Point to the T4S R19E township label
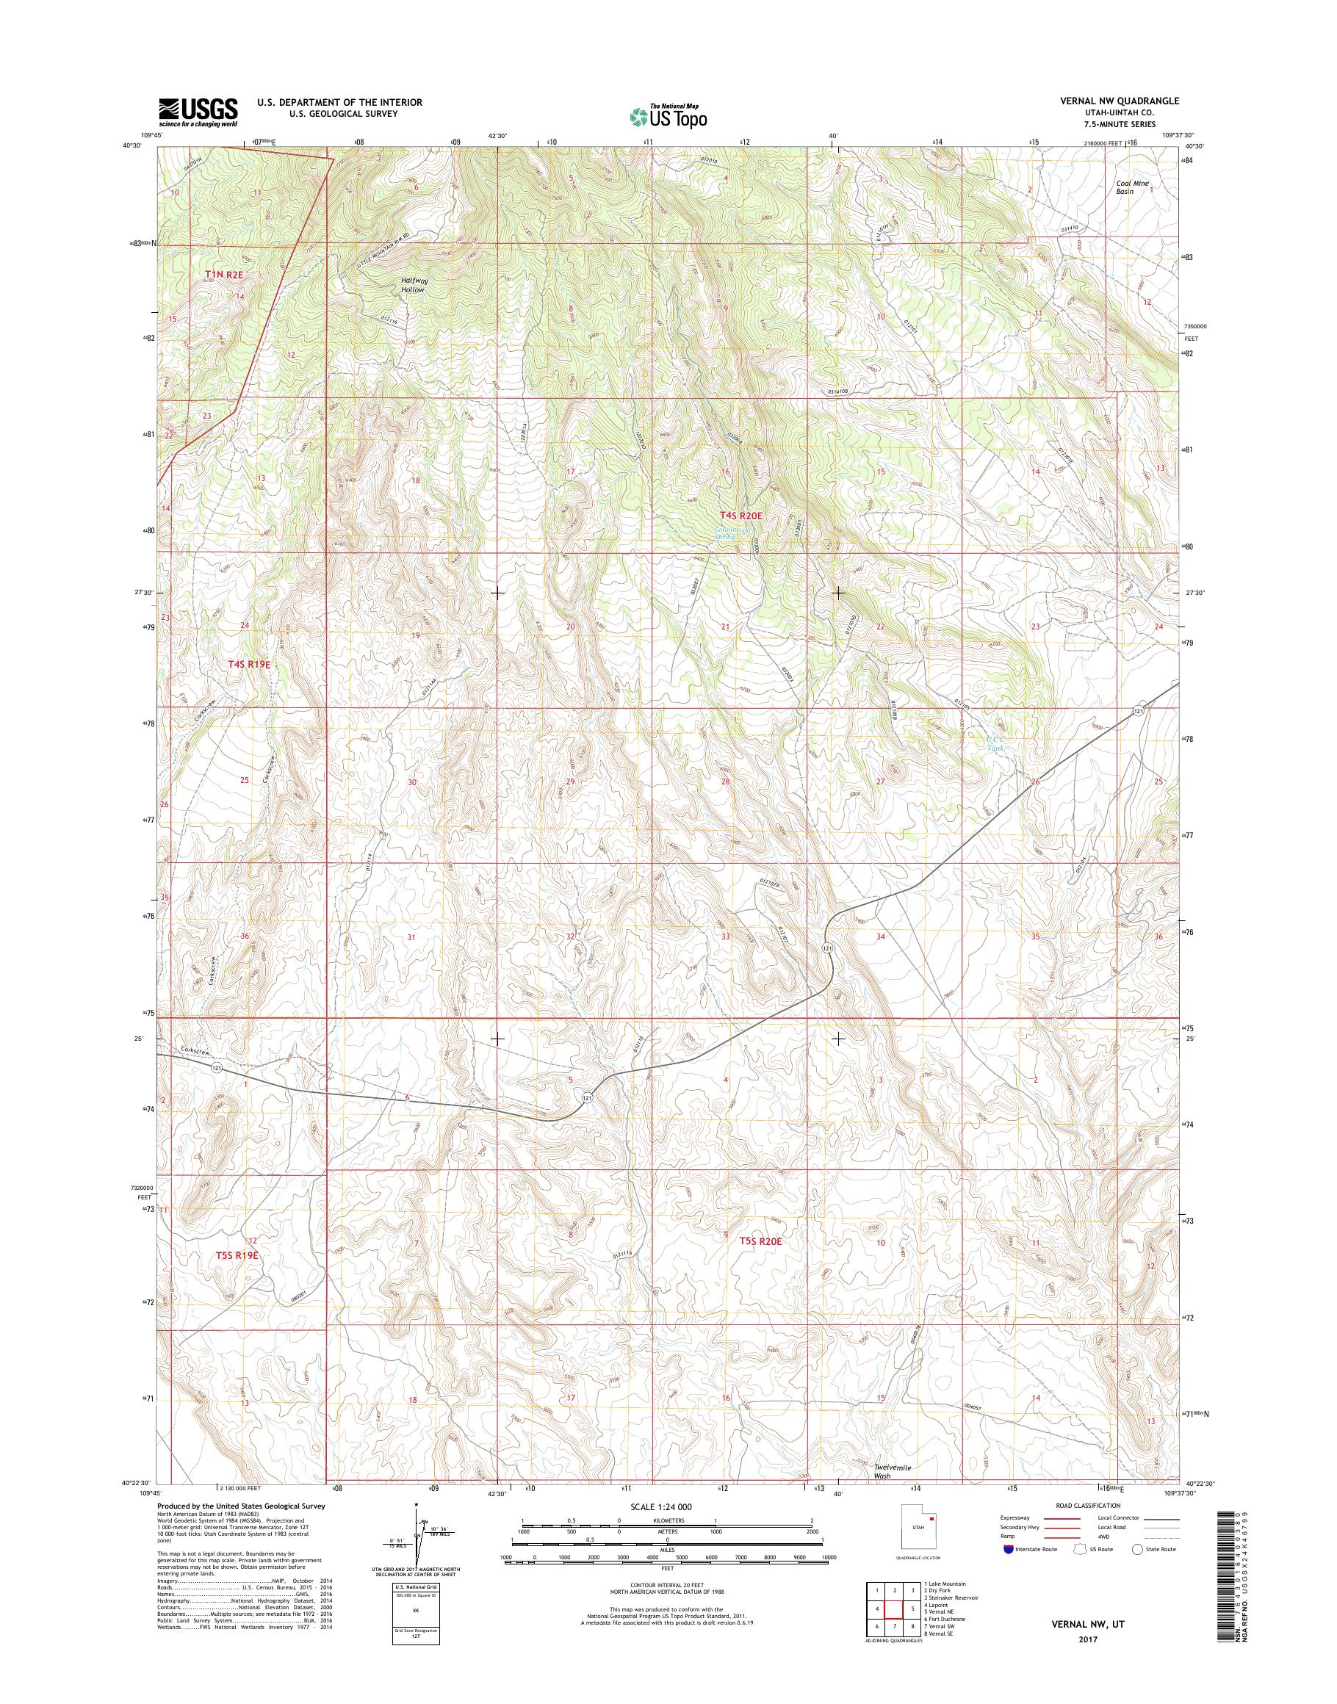(249, 664)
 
